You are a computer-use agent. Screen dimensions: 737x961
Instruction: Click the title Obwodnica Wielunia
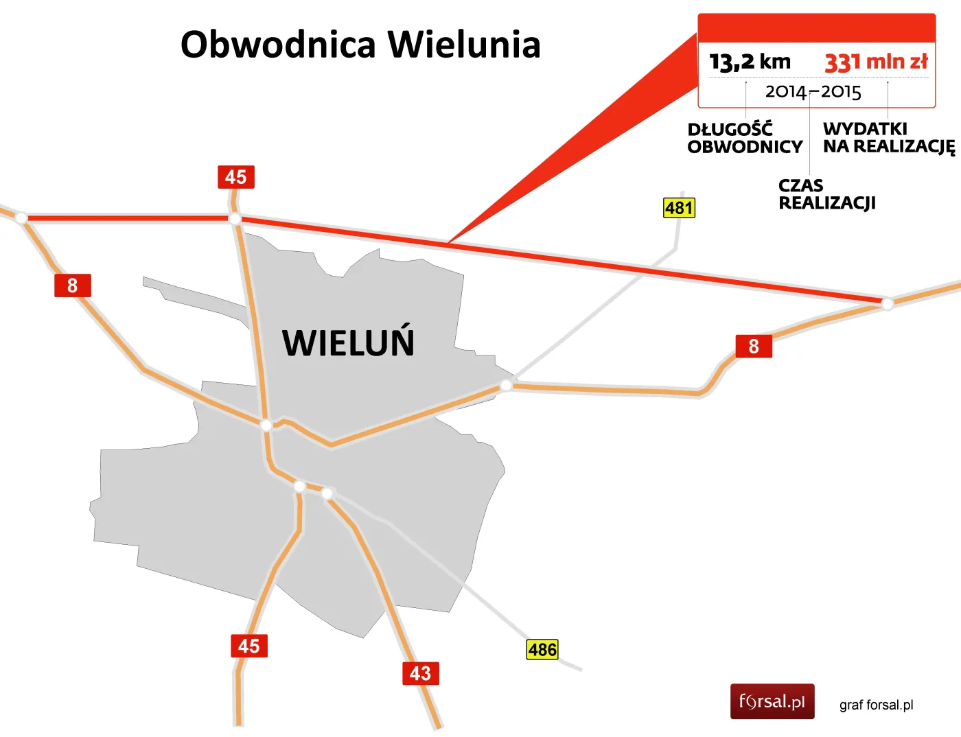tap(360, 45)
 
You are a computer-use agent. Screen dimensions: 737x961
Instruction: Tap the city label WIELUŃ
tap(348, 342)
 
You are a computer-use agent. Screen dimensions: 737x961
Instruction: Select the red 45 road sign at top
tap(235, 177)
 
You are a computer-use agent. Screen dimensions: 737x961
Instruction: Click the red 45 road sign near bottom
tap(248, 646)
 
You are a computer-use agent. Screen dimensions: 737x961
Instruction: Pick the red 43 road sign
tap(420, 673)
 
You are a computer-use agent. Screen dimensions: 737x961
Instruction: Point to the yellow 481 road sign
tap(679, 208)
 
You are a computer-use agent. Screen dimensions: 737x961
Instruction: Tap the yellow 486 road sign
tap(542, 649)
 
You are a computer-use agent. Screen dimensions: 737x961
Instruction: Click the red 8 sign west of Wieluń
tap(72, 285)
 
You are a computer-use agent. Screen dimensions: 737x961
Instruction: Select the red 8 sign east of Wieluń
tap(754, 346)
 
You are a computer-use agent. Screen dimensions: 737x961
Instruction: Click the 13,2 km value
tap(750, 62)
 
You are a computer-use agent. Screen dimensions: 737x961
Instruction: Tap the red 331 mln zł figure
tap(876, 62)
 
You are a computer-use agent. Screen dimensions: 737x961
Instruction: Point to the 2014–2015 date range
tap(813, 92)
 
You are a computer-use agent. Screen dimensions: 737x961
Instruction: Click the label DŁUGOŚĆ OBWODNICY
tap(745, 138)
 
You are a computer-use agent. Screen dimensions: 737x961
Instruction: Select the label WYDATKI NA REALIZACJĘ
tap(888, 138)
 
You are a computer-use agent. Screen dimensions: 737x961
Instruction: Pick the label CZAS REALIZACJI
tap(826, 194)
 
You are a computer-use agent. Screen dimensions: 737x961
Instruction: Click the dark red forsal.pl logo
tap(772, 701)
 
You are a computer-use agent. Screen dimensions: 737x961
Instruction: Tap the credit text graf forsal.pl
tap(876, 705)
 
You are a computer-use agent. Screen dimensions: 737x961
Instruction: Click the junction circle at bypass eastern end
tap(887, 303)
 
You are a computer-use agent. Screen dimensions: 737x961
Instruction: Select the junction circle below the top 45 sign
tap(235, 219)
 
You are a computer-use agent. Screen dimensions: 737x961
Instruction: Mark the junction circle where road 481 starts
tap(506, 386)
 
